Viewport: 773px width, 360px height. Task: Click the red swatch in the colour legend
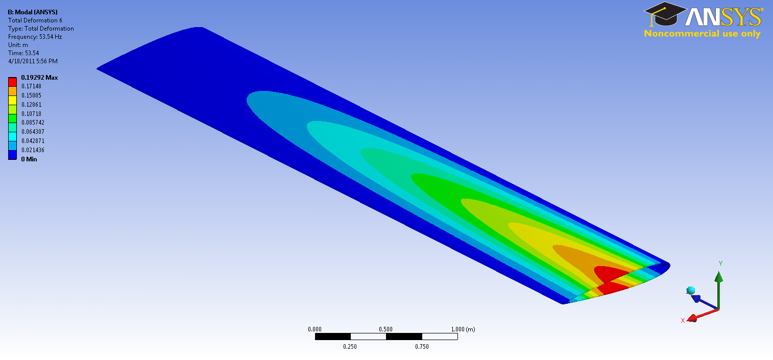(12, 82)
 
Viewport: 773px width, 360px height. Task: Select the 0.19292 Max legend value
(39, 77)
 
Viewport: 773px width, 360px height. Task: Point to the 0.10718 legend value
(32, 113)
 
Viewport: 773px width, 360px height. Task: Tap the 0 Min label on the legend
(29, 159)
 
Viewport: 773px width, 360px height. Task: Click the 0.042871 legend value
(33, 141)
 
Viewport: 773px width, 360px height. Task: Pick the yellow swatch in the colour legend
(12, 100)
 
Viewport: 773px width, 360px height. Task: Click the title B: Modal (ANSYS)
(33, 12)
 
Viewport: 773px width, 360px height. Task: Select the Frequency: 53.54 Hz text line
(35, 37)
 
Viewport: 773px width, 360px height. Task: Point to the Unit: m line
(18, 45)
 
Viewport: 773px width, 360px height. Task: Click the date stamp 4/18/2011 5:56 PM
(33, 61)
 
